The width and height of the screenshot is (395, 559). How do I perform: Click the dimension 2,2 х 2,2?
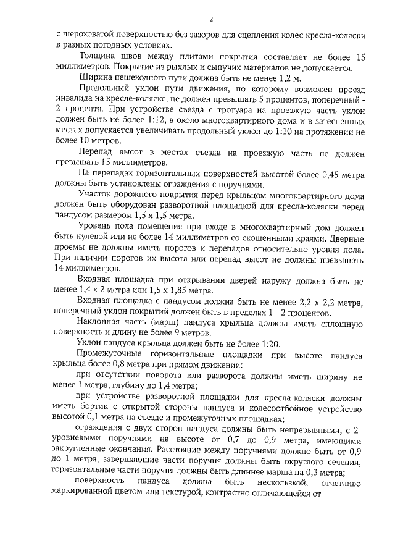pos(318,301)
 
